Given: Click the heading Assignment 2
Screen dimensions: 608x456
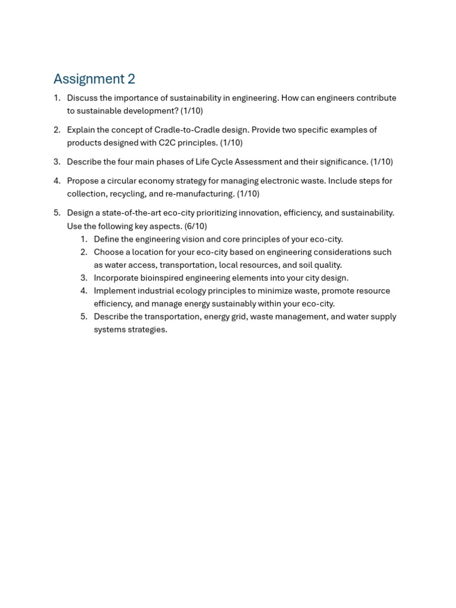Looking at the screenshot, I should tap(94, 79).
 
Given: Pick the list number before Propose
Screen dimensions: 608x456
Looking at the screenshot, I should tap(57, 181).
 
